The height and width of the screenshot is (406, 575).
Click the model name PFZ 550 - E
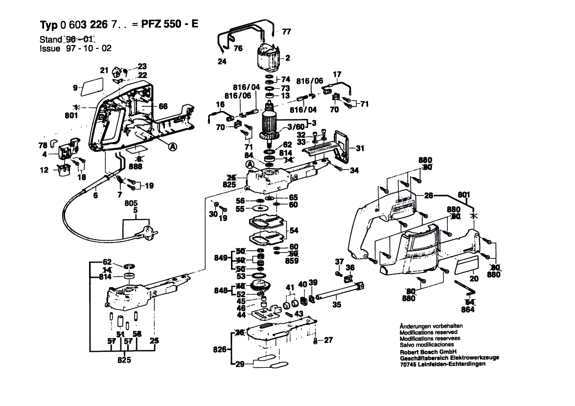tap(172, 25)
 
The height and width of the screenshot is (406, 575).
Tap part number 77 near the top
tap(286, 32)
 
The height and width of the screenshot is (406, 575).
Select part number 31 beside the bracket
tap(360, 148)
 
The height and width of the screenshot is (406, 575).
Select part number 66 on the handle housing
tap(163, 106)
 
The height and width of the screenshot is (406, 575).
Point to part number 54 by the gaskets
tap(294, 230)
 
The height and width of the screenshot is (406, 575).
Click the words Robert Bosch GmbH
tap(428, 351)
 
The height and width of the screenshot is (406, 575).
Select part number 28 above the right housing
tap(429, 196)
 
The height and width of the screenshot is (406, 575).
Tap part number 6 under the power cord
tap(95, 195)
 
